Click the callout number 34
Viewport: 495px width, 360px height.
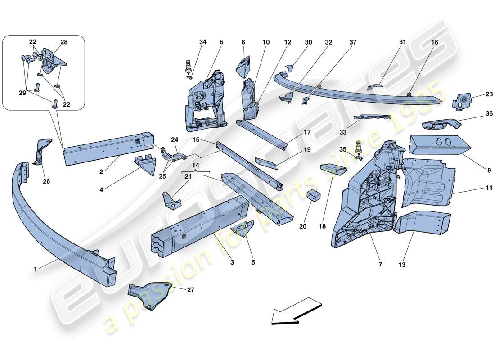(203, 42)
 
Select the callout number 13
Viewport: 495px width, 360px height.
(401, 265)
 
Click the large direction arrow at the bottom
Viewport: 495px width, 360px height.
(297, 310)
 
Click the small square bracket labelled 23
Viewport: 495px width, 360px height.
(462, 101)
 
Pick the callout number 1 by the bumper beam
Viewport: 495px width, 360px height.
(35, 269)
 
